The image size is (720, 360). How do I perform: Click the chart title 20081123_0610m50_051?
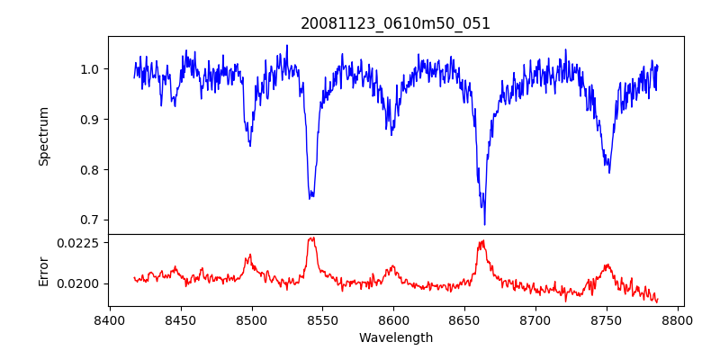(396, 23)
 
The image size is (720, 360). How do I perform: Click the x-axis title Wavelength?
(396, 338)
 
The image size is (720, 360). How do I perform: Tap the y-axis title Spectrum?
(43, 136)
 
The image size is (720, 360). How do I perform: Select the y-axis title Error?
(43, 270)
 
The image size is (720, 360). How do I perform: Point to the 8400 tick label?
(110, 319)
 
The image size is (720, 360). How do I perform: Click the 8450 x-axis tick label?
(180, 319)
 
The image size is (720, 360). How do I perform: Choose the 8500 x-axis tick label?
(251, 319)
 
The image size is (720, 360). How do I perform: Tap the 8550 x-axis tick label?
(322, 319)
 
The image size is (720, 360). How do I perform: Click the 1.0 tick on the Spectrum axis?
(91, 69)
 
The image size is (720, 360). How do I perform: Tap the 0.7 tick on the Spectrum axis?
(91, 220)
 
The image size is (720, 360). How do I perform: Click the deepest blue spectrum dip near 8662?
(484, 224)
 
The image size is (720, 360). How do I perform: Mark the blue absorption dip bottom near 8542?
(310, 196)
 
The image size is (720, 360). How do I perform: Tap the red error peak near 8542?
(311, 238)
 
